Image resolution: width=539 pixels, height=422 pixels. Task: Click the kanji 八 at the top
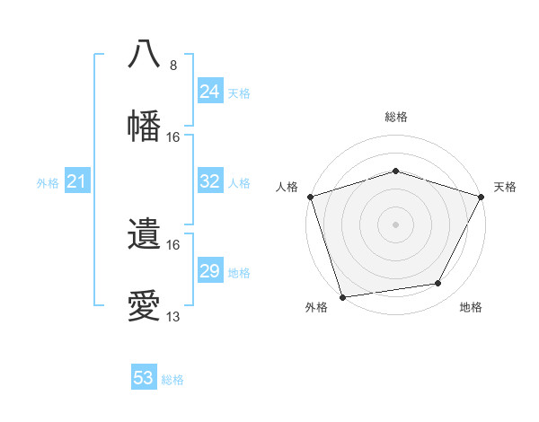click(x=145, y=53)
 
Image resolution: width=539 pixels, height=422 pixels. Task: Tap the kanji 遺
click(x=145, y=234)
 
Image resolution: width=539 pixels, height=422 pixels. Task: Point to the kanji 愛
click(x=145, y=306)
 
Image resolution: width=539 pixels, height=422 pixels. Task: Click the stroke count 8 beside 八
click(x=173, y=66)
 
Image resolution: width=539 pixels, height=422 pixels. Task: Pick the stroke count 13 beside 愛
click(x=173, y=317)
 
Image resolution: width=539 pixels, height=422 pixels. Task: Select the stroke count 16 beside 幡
click(x=173, y=137)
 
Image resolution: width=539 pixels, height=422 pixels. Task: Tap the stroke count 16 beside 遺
click(x=173, y=245)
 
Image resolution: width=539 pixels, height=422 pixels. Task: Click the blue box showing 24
click(x=210, y=92)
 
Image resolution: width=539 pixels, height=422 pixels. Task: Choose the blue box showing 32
click(x=210, y=181)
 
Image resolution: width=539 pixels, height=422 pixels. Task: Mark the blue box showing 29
click(x=210, y=271)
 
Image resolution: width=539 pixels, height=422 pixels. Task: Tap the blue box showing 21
click(x=77, y=182)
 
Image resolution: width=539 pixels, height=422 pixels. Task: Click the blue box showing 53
click(x=144, y=378)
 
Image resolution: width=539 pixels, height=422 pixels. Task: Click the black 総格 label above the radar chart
click(x=395, y=118)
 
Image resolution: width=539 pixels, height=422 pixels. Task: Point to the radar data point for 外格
click(x=342, y=296)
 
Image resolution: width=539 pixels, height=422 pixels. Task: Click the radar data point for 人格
click(x=310, y=197)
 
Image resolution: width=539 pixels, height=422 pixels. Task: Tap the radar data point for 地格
click(x=438, y=284)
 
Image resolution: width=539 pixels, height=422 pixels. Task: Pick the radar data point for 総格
click(x=395, y=171)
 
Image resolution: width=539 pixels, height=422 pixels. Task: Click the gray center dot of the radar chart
click(x=395, y=224)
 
